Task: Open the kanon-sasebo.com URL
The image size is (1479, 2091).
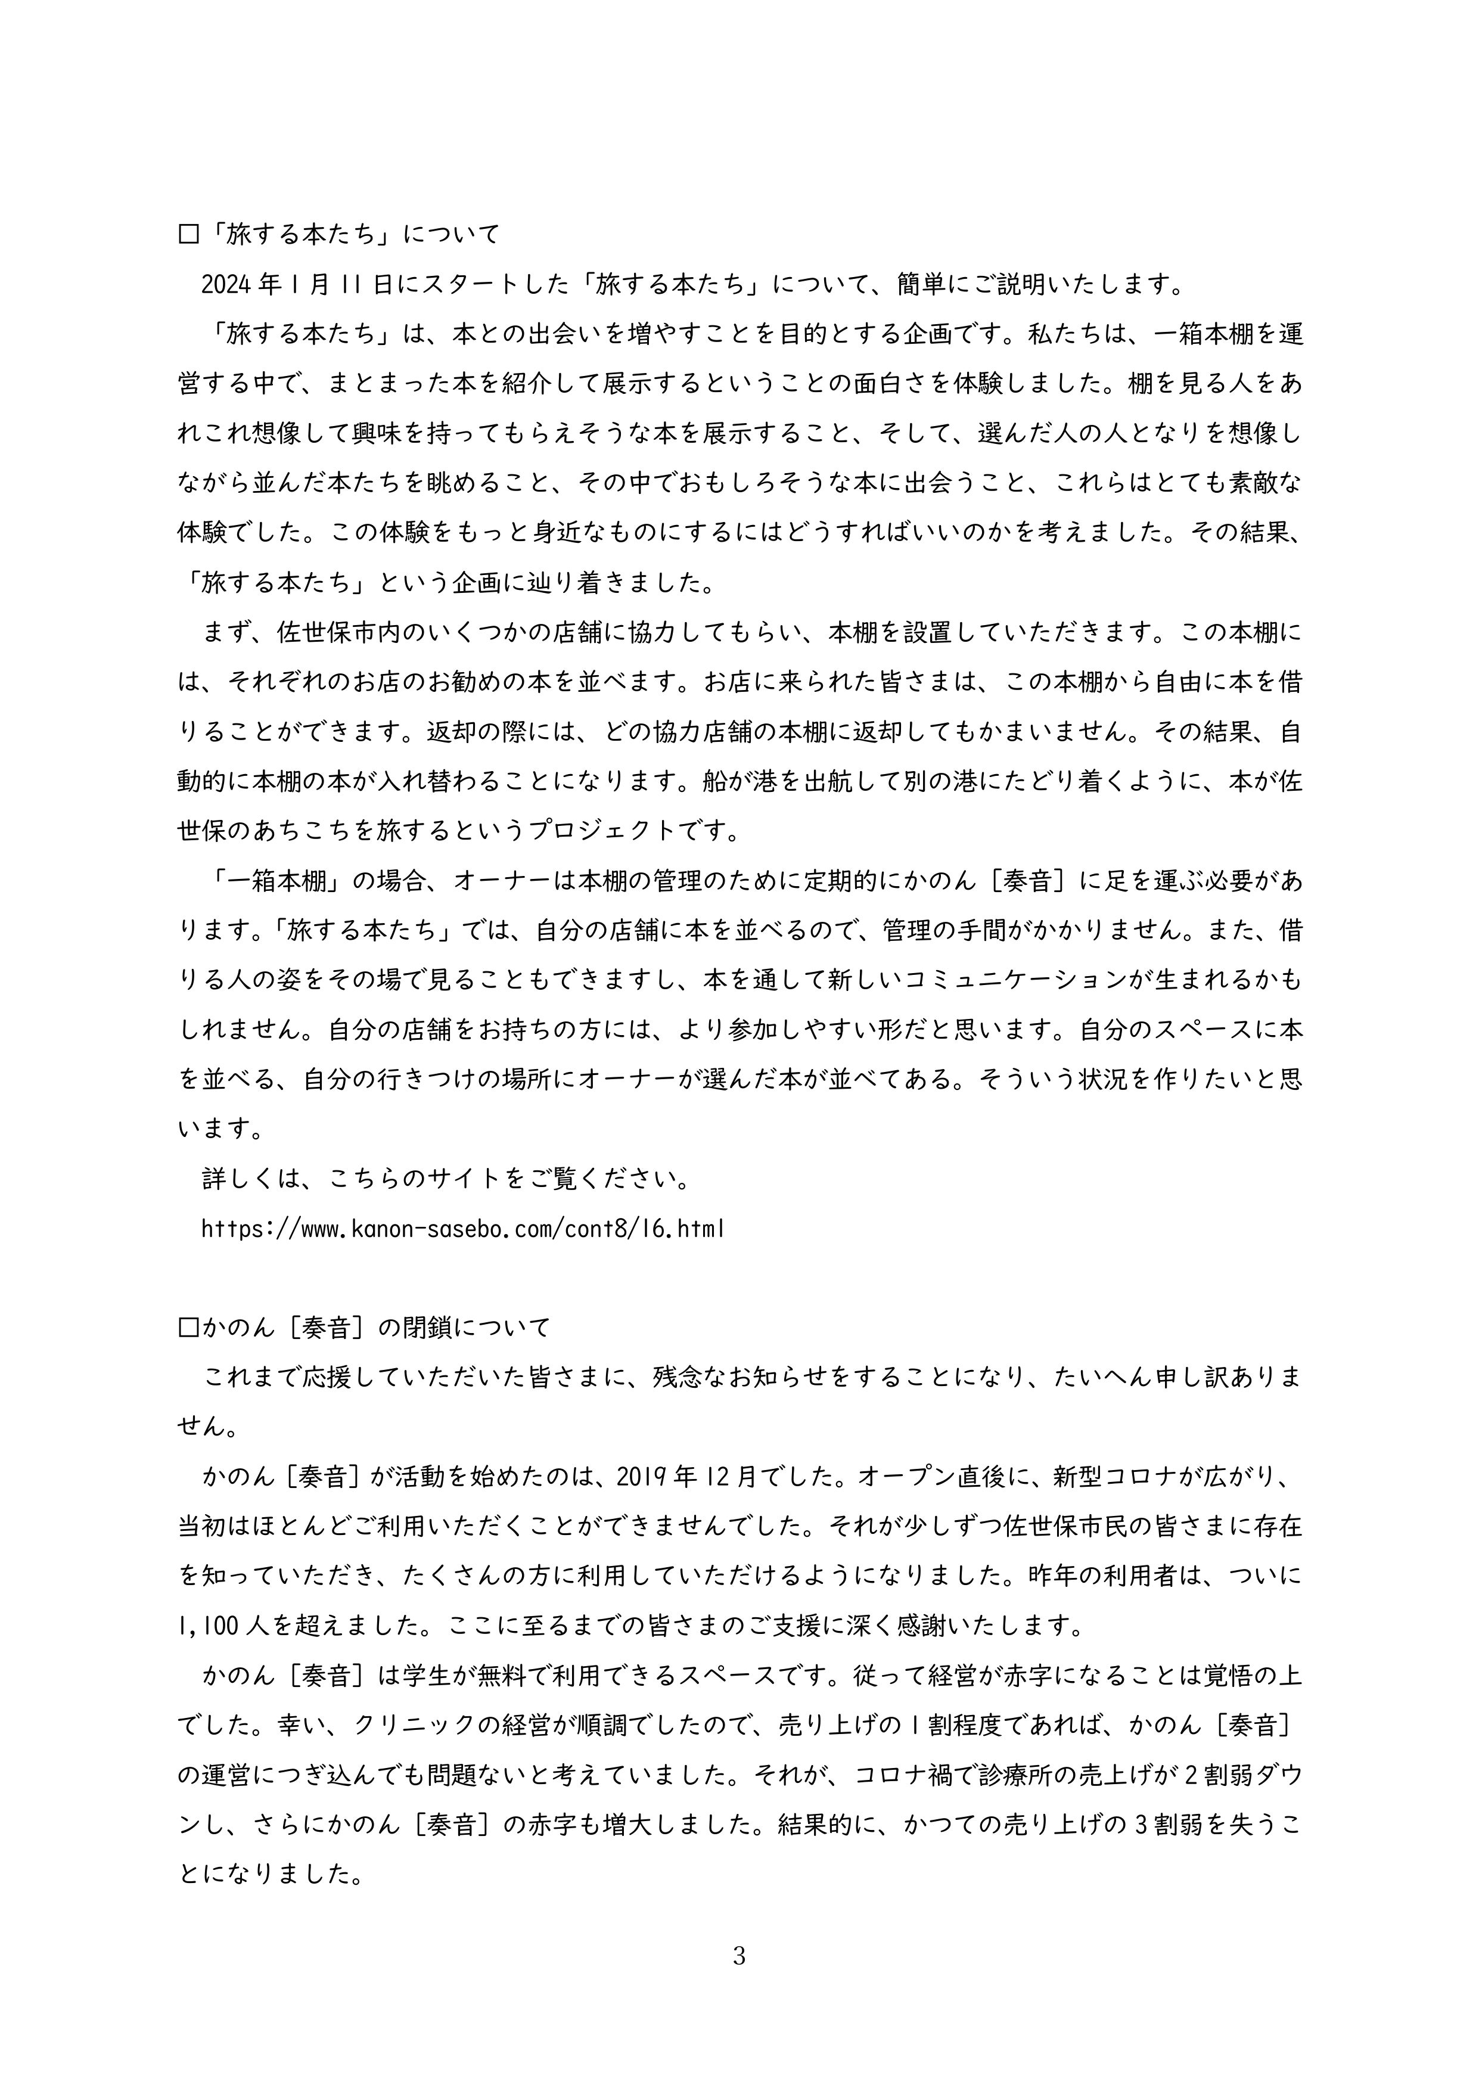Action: [x=462, y=1229]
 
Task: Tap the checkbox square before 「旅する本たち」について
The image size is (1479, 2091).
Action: [x=188, y=235]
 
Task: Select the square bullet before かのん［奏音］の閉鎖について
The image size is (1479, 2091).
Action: [x=188, y=1328]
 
